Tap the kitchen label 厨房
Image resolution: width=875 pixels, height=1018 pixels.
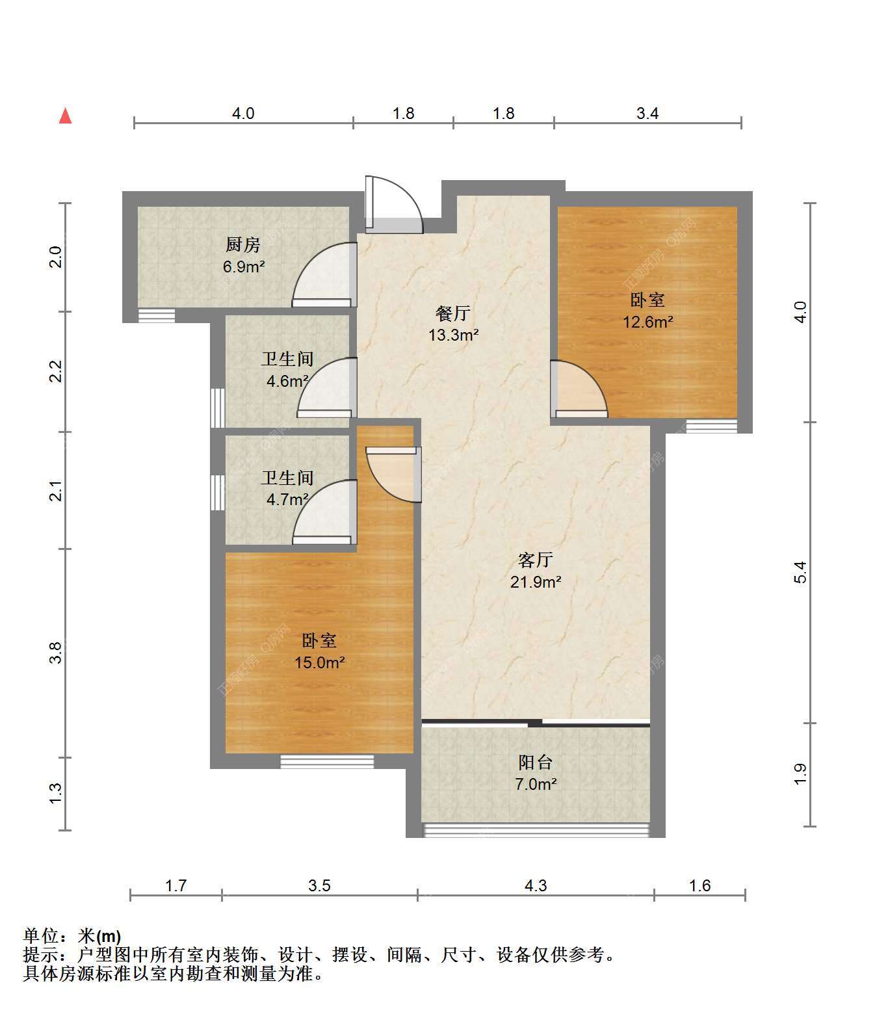(242, 245)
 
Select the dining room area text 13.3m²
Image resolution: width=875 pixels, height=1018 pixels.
(454, 335)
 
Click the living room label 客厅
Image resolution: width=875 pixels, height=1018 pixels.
(535, 560)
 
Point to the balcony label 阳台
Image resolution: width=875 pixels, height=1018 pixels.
(535, 763)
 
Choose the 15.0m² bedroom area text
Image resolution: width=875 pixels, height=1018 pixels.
(320, 662)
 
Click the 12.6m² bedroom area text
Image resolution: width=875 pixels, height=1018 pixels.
(648, 322)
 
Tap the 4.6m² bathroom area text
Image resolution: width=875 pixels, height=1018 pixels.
(287, 381)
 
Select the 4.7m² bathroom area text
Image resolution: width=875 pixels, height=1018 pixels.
(287, 499)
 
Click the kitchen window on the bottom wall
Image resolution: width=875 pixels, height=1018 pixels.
(157, 315)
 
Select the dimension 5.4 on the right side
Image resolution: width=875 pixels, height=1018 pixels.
(801, 572)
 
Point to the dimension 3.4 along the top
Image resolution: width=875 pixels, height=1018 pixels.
(647, 114)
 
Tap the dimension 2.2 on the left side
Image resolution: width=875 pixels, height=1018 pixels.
(56, 371)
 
